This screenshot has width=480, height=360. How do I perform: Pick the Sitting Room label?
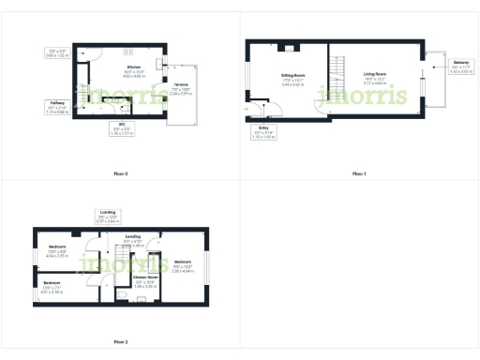point(293,79)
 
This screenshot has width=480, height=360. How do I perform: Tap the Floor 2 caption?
point(120,342)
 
